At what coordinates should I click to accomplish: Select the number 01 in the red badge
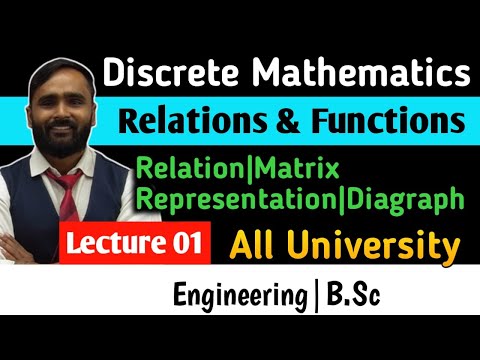click(x=187, y=243)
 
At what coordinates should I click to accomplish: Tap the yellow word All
click(x=253, y=243)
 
